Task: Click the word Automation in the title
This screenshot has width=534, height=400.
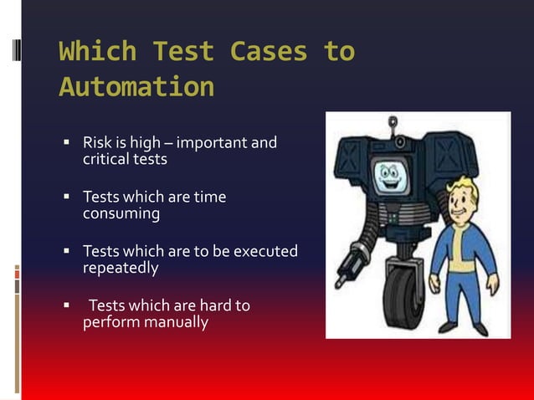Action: (136, 87)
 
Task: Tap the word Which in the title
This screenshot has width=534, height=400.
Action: (98, 52)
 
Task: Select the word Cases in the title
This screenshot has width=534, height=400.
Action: (270, 52)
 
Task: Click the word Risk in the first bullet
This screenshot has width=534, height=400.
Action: (97, 142)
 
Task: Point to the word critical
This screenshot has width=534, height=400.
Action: (105, 158)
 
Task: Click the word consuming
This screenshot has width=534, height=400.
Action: (121, 213)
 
